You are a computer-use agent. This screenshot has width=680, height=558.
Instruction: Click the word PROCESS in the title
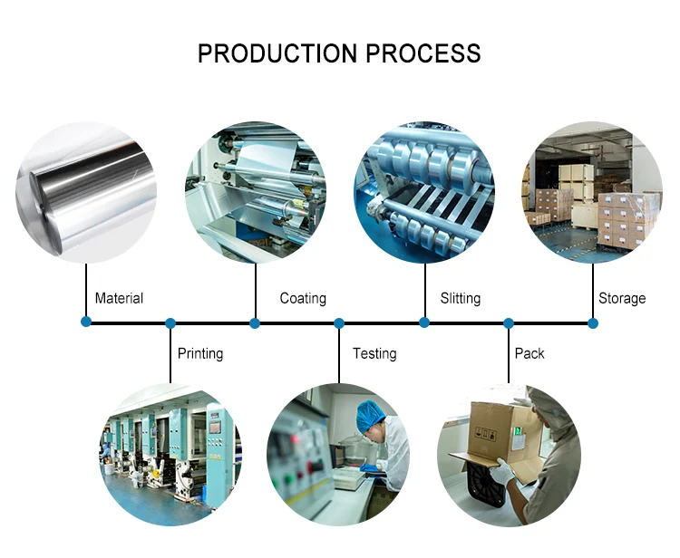pyautogui.click(x=423, y=53)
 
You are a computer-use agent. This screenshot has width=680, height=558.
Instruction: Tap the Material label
pyautogui.click(x=119, y=298)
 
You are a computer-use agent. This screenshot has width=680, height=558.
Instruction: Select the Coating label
pyautogui.click(x=303, y=298)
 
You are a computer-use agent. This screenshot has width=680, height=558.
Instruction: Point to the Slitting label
pyautogui.click(x=461, y=298)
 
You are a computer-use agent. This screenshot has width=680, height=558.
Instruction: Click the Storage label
pyautogui.click(x=622, y=298)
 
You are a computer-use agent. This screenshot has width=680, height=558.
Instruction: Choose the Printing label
pyautogui.click(x=200, y=353)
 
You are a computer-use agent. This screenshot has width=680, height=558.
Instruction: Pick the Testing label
pyautogui.click(x=374, y=353)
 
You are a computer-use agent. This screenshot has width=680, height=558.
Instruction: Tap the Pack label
pyautogui.click(x=529, y=353)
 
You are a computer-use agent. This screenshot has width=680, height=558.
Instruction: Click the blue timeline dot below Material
pyautogui.click(x=86, y=322)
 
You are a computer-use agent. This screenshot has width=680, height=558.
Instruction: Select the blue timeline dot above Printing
pyautogui.click(x=170, y=322)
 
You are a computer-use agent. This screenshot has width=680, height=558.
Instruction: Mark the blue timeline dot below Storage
pyautogui.click(x=593, y=322)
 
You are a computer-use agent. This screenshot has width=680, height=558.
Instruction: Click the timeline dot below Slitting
pyautogui.click(x=424, y=322)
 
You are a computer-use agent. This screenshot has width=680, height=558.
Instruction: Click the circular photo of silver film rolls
pyautogui.click(x=86, y=192)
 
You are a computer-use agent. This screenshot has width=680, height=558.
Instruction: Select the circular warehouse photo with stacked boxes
pyautogui.click(x=593, y=192)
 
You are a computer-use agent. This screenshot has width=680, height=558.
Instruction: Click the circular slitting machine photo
pyautogui.click(x=424, y=192)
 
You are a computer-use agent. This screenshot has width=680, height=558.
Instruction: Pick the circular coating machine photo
pyautogui.click(x=255, y=192)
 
